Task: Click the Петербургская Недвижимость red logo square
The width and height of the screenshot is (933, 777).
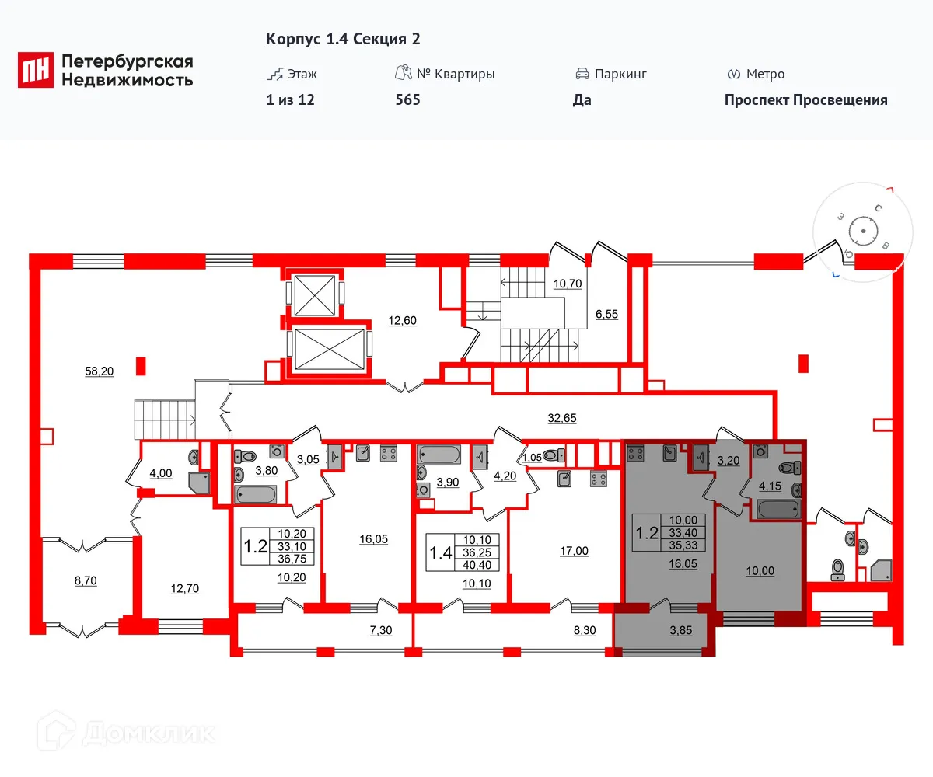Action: coord(37,69)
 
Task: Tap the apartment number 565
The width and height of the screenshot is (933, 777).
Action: coord(407,99)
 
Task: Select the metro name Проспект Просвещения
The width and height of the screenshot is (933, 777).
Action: coord(805,99)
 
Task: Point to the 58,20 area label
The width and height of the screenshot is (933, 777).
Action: coord(99,371)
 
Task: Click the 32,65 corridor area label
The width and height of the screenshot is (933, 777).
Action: coord(561,417)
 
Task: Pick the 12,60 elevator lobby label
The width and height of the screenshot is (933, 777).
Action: coord(404,319)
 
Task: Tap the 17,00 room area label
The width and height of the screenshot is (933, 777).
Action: coord(574,551)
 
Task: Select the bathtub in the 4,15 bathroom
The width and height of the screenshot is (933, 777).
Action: coord(778,510)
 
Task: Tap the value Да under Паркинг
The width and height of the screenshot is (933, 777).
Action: coord(582,99)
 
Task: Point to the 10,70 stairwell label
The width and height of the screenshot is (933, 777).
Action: coord(567,284)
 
